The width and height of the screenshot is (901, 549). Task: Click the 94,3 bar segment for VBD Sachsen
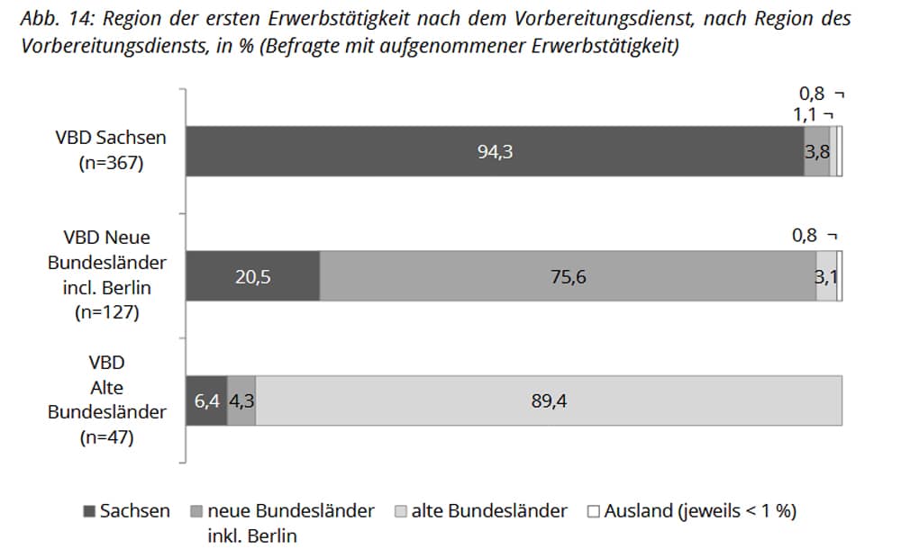pyautogui.click(x=495, y=151)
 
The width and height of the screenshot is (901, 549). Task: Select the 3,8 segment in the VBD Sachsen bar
pyautogui.click(x=816, y=151)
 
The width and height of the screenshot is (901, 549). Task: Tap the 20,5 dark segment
pyautogui.click(x=252, y=276)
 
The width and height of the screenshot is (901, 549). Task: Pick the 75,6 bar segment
pyautogui.click(x=568, y=276)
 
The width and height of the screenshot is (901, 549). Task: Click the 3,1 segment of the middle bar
pyautogui.click(x=826, y=276)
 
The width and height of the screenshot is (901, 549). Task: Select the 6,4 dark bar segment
pyautogui.click(x=206, y=400)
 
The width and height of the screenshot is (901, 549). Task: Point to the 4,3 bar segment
pyautogui.click(x=241, y=400)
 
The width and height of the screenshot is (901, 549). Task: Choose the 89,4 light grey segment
pyautogui.click(x=549, y=400)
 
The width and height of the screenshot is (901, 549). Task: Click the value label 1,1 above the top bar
pyautogui.click(x=805, y=113)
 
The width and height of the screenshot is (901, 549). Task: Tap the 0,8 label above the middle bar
pyautogui.click(x=805, y=236)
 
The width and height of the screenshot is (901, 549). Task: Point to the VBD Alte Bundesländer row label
pyautogui.click(x=107, y=400)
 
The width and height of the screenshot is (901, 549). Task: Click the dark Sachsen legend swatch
pyautogui.click(x=88, y=511)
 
